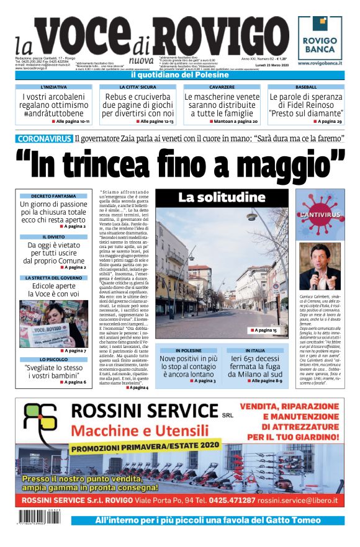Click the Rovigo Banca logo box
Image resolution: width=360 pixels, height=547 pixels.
[x=321, y=37]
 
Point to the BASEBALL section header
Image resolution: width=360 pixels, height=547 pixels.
[x=305, y=87]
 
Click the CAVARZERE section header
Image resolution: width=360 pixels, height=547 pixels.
[x=222, y=87]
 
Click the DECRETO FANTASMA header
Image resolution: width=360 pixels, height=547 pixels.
[x=53, y=196]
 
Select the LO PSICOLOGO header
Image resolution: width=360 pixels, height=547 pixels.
[x=53, y=359]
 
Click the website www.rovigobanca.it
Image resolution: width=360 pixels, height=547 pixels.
[x=321, y=63]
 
